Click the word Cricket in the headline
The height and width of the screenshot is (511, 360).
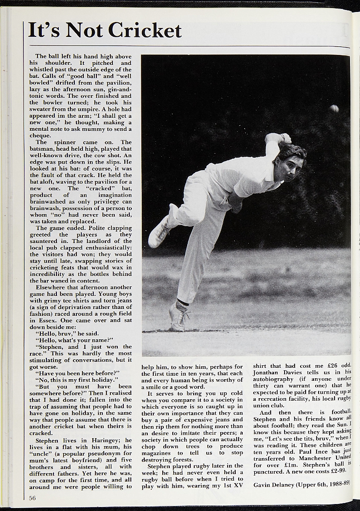point(144,30)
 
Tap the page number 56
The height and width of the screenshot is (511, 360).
point(32,498)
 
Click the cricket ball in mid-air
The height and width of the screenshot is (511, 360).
point(334,108)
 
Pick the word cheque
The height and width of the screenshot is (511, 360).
point(40,135)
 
